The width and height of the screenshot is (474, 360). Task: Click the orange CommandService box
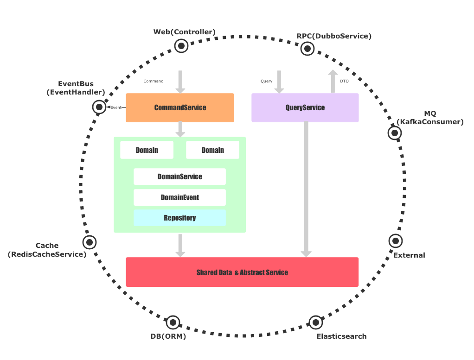click(180, 107)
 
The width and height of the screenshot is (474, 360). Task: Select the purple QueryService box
click(305, 107)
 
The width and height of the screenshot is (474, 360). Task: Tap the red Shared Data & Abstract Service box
click(242, 272)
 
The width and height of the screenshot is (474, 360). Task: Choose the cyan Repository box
click(179, 218)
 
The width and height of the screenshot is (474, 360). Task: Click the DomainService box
click(179, 177)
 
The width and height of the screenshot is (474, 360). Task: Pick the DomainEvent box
click(179, 197)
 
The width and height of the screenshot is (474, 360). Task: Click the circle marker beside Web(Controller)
click(181, 45)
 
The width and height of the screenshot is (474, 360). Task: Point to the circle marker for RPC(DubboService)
click(307, 48)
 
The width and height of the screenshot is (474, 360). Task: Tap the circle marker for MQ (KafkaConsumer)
click(395, 133)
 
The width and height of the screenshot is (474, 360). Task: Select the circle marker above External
click(395, 240)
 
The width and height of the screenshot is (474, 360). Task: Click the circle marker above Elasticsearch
click(315, 322)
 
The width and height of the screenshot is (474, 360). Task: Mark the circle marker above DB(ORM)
click(173, 322)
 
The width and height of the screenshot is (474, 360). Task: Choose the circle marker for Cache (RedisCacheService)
click(89, 242)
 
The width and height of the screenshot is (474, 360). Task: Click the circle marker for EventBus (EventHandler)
click(99, 107)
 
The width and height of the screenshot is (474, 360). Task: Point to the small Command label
click(153, 81)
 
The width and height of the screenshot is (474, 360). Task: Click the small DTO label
click(344, 81)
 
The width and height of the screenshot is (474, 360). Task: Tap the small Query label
click(266, 81)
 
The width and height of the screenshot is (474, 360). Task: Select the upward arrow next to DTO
click(333, 82)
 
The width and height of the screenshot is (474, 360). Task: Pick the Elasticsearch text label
click(341, 336)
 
